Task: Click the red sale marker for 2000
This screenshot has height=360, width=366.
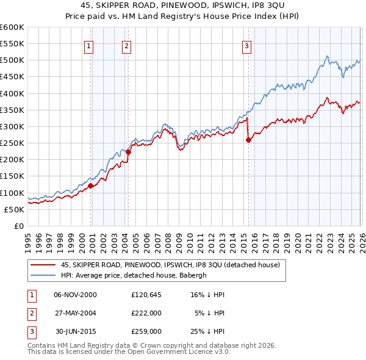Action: coord(91,185)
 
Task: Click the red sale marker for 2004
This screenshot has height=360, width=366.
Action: coord(129,153)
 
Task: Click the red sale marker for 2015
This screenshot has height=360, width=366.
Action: coord(248,140)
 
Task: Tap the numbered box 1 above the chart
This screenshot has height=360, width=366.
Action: coord(89,45)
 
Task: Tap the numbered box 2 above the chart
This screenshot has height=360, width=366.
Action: coord(126,45)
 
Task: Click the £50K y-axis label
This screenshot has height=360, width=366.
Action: coord(14,209)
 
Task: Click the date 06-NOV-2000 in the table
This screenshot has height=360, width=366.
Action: coord(75,295)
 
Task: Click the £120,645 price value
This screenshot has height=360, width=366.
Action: coord(146,295)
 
